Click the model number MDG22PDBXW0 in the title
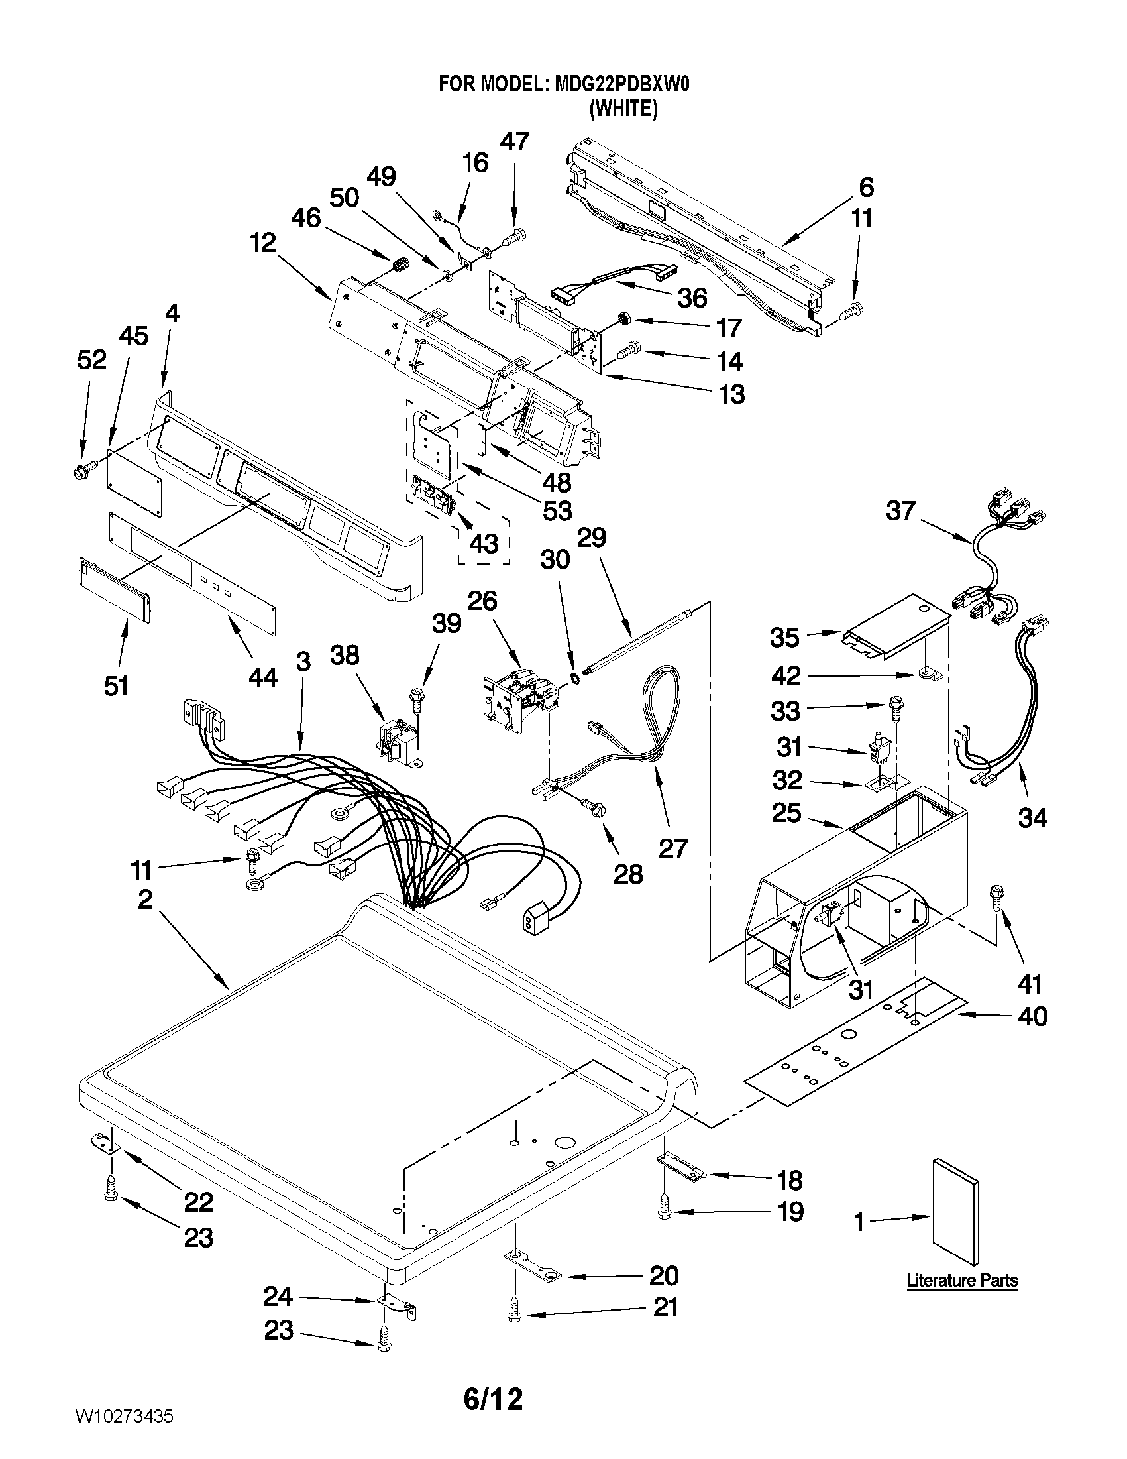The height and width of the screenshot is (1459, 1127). pyautogui.click(x=621, y=85)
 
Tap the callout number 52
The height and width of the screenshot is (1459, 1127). pyautogui.click(x=91, y=360)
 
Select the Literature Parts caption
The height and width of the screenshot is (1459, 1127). pyautogui.click(x=962, y=1281)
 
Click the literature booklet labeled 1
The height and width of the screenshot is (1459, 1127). pyautogui.click(x=956, y=1212)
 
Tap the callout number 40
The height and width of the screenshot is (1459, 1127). pyautogui.click(x=1032, y=1016)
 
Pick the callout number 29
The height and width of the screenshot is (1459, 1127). pyautogui.click(x=591, y=537)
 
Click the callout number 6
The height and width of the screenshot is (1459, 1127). pyautogui.click(x=866, y=187)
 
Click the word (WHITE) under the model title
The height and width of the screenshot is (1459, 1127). pyautogui.click(x=623, y=109)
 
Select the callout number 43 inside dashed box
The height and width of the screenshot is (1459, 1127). pyautogui.click(x=484, y=544)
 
